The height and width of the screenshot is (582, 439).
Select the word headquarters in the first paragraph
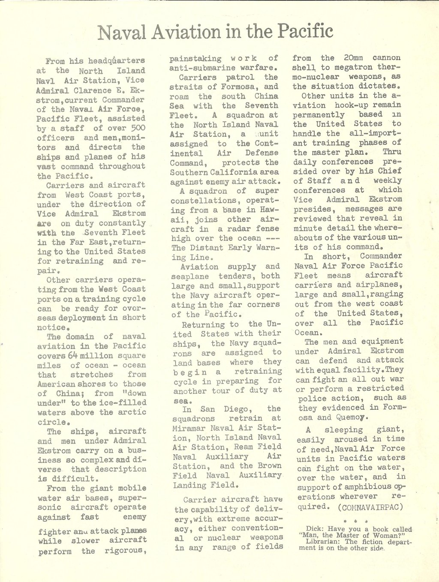click(x=117, y=61)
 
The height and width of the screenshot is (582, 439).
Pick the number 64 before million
click(x=72, y=356)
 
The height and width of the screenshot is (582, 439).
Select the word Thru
click(x=392, y=152)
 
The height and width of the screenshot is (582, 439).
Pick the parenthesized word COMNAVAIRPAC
click(x=370, y=507)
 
